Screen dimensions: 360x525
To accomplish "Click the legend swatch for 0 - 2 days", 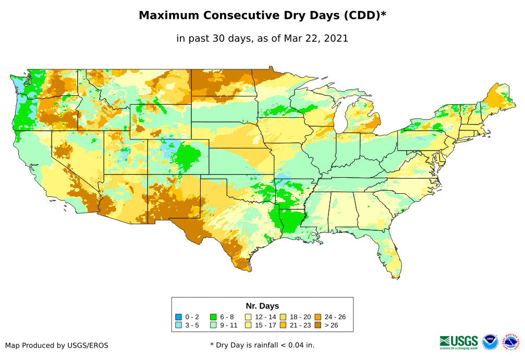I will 179,317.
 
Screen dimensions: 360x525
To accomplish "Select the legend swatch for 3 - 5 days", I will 179,326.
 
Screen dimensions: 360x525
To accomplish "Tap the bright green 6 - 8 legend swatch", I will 213,317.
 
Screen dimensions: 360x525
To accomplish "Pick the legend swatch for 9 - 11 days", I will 213,326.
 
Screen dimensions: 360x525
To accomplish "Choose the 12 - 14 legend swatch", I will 249,317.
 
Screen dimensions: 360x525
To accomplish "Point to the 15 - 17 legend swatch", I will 249,326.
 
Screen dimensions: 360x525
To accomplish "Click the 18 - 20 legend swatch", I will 283,317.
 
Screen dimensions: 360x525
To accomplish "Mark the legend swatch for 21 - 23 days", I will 283,326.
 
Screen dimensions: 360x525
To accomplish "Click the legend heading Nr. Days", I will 262,306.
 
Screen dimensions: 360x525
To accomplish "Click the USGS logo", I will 459,342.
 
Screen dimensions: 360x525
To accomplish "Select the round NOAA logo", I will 490,342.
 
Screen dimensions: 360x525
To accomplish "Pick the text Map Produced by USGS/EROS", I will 57,345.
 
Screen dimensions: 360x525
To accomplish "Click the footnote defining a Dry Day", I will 262,345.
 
